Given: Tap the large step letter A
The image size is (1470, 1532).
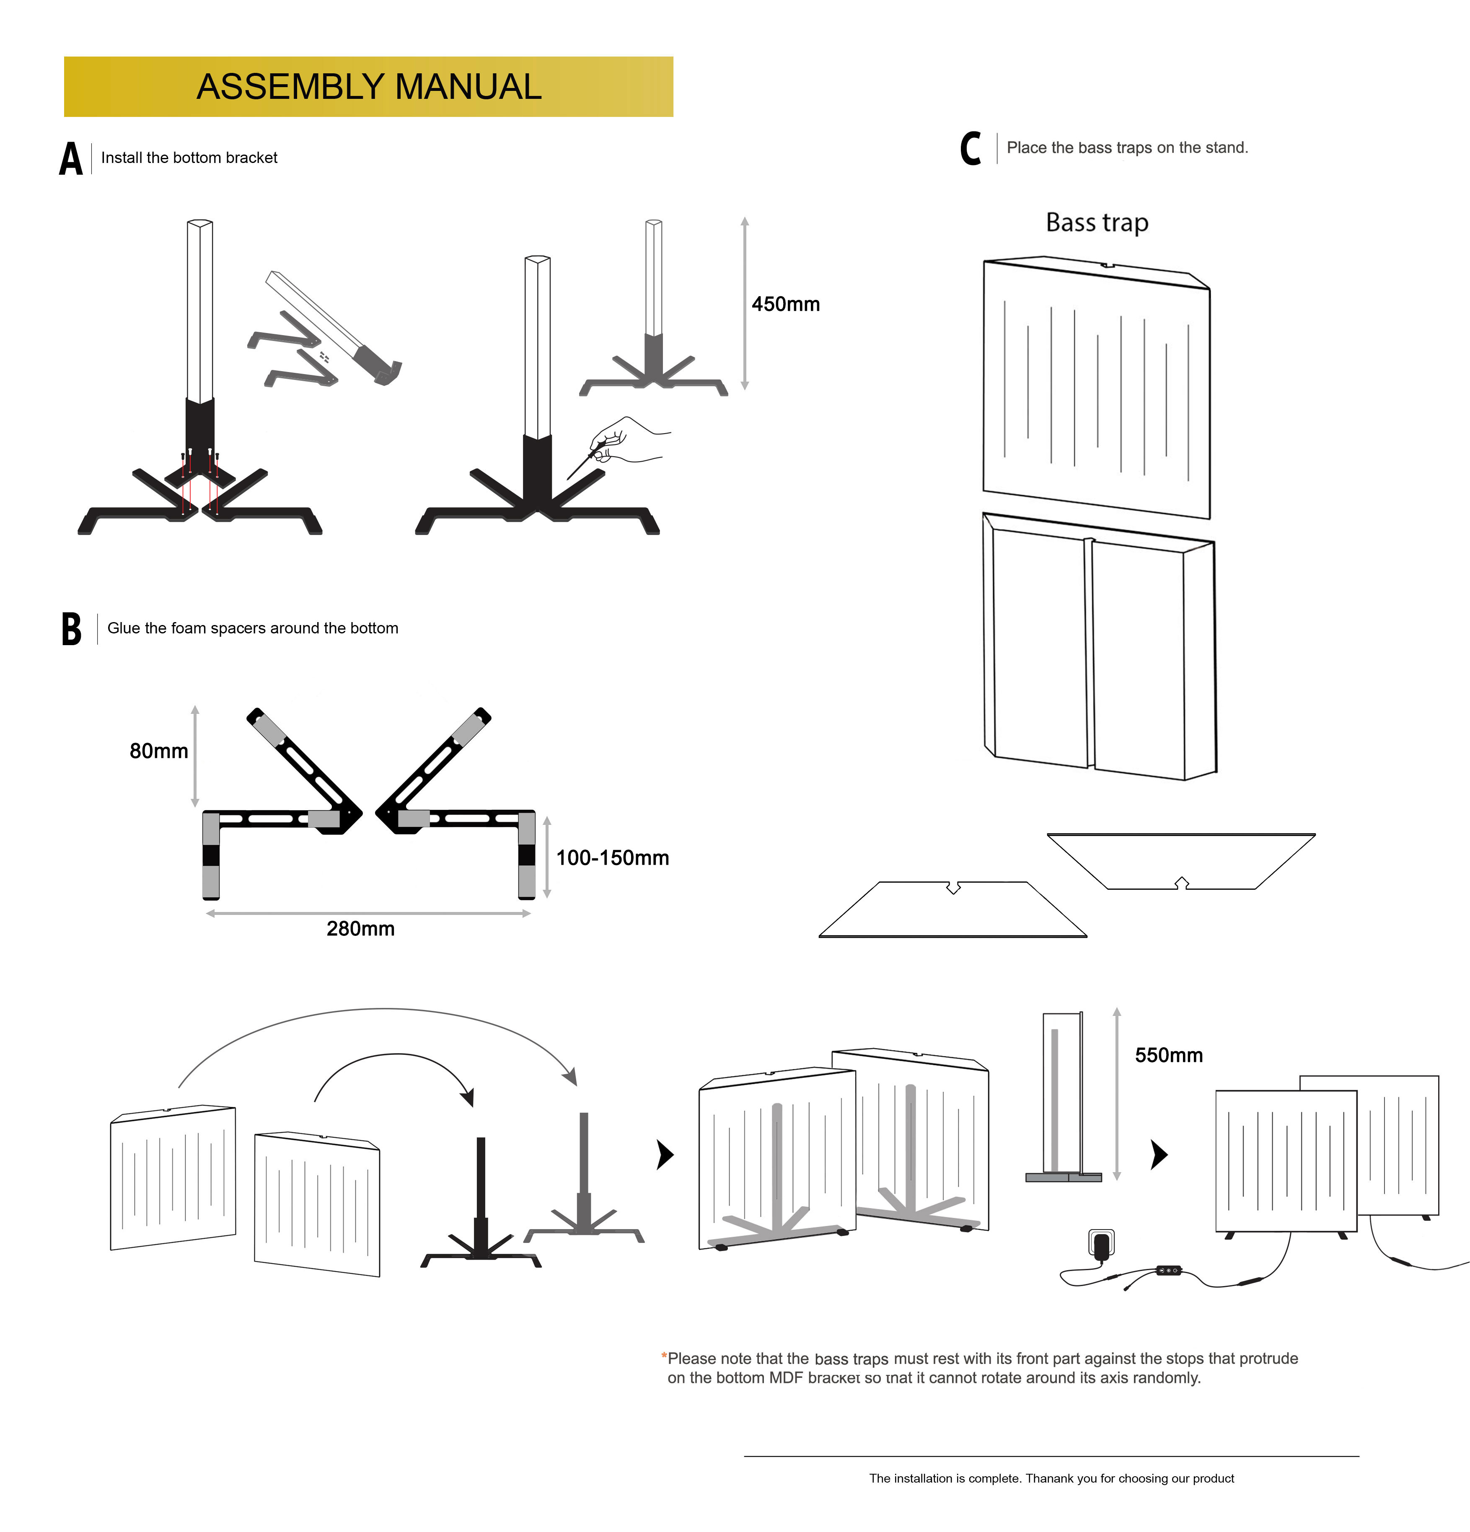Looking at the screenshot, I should (x=70, y=159).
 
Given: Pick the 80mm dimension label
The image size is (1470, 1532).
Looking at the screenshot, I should (x=159, y=751).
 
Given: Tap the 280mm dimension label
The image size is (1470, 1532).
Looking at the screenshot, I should (x=360, y=929).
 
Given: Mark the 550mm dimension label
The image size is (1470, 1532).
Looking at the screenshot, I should (x=1168, y=1055).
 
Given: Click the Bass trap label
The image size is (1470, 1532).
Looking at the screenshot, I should (x=1097, y=223).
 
